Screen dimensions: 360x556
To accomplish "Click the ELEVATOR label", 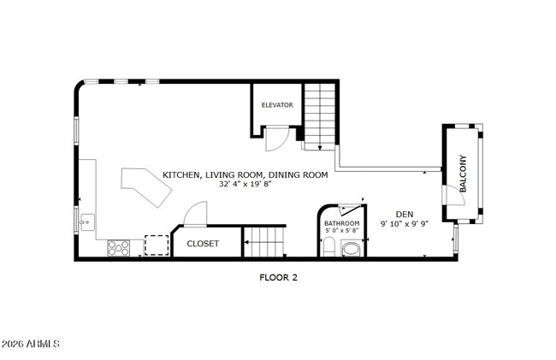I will pyautogui.click(x=277, y=105).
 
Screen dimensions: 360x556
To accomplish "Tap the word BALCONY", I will pyautogui.click(x=463, y=173).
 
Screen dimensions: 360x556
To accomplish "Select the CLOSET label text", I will pyautogui.click(x=203, y=244).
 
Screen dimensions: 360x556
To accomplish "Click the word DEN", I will pyautogui.click(x=405, y=215).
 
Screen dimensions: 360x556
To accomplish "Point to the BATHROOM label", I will pyautogui.click(x=342, y=222).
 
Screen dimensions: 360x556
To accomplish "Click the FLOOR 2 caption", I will pyautogui.click(x=278, y=277).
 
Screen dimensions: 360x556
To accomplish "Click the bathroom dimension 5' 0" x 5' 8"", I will pyautogui.click(x=342, y=230).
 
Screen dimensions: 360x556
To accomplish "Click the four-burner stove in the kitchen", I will pyautogui.click(x=118, y=247).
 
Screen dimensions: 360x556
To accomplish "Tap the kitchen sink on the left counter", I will pyautogui.click(x=86, y=223).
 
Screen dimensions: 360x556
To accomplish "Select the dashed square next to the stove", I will pyautogui.click(x=156, y=245).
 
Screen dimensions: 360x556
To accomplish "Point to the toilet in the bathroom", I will pyautogui.click(x=328, y=249).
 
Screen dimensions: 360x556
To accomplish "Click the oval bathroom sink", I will pyautogui.click(x=351, y=249).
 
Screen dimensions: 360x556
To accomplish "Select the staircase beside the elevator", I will pyautogui.click(x=322, y=115).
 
